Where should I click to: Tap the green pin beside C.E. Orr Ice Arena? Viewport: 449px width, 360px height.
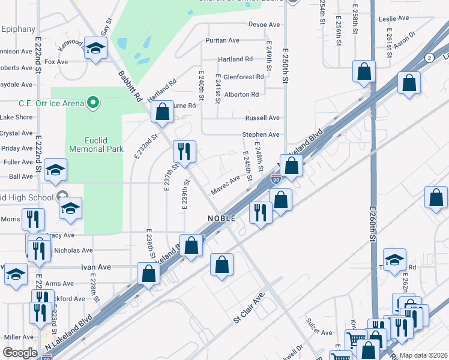tap(92, 103)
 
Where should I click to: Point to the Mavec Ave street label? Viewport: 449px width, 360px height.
tap(225, 185)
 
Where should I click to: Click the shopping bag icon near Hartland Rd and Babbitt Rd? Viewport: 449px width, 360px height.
tap(162, 112)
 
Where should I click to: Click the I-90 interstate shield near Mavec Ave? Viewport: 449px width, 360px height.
tap(276, 179)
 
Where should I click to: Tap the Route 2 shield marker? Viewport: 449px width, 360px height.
tap(429, 58)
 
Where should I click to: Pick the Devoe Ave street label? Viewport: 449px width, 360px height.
tap(265, 25)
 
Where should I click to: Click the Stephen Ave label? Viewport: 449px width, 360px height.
tap(261, 135)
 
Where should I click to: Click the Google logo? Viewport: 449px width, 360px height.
tap(20, 353)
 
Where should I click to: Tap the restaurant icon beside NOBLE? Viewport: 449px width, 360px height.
tap(261, 213)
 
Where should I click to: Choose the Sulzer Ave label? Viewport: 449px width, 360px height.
tap(318, 332)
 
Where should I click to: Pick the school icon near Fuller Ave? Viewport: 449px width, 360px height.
tap(55, 170)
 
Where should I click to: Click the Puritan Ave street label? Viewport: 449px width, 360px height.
tap(221, 40)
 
